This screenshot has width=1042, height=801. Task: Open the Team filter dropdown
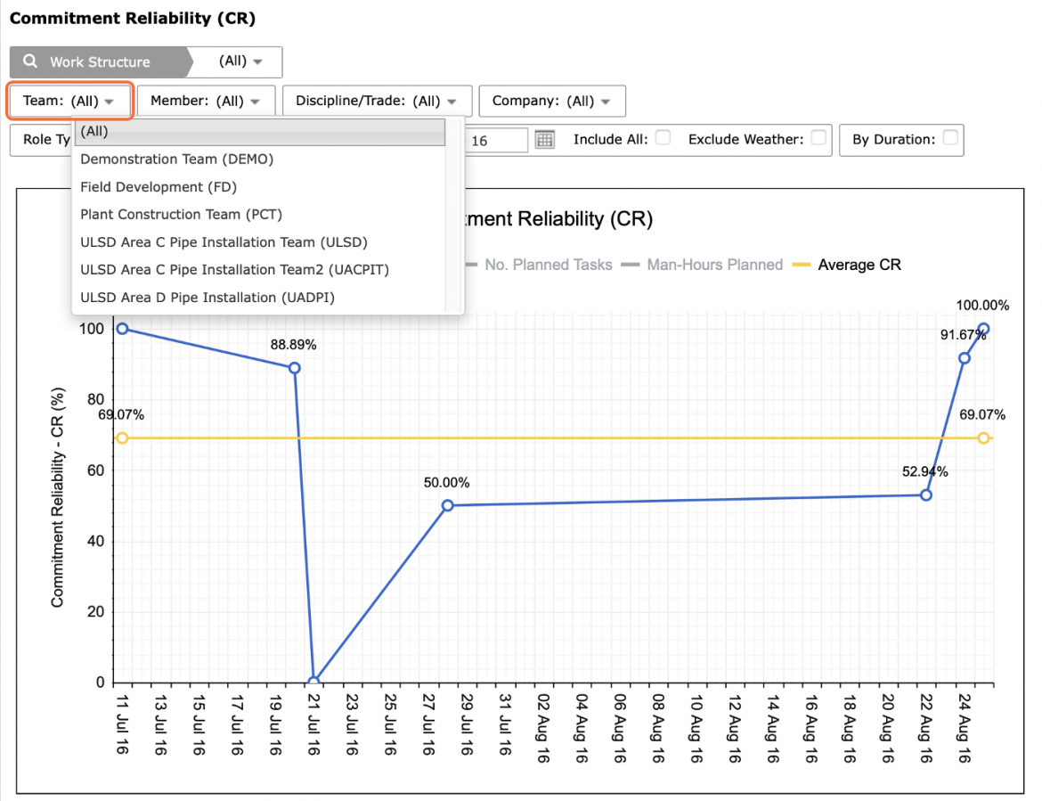(69, 101)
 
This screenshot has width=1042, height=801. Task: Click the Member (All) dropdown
(206, 101)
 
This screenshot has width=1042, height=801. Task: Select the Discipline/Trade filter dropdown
(377, 101)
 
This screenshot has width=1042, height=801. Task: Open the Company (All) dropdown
(551, 101)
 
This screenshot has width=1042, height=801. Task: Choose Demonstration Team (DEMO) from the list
(176, 159)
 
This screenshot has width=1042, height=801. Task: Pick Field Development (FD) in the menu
(159, 187)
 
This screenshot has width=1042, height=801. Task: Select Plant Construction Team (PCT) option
(181, 215)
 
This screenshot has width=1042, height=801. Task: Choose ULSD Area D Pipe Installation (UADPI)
(208, 297)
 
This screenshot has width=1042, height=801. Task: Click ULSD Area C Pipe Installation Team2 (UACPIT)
(234, 269)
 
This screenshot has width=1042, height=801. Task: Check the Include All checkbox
(663, 137)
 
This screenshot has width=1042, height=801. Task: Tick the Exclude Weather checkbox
(818, 137)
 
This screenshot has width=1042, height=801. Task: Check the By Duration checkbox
(950, 137)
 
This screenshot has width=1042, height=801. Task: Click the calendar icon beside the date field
(545, 140)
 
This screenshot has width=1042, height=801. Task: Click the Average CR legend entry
(847, 265)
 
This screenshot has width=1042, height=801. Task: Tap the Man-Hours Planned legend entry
(702, 265)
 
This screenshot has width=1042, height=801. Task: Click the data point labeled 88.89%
(295, 368)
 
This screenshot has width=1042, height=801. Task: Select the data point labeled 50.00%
(448, 505)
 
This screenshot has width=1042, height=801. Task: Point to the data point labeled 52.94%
(925, 495)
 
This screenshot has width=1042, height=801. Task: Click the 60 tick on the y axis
(95, 470)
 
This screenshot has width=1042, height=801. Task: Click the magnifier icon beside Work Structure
(30, 61)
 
